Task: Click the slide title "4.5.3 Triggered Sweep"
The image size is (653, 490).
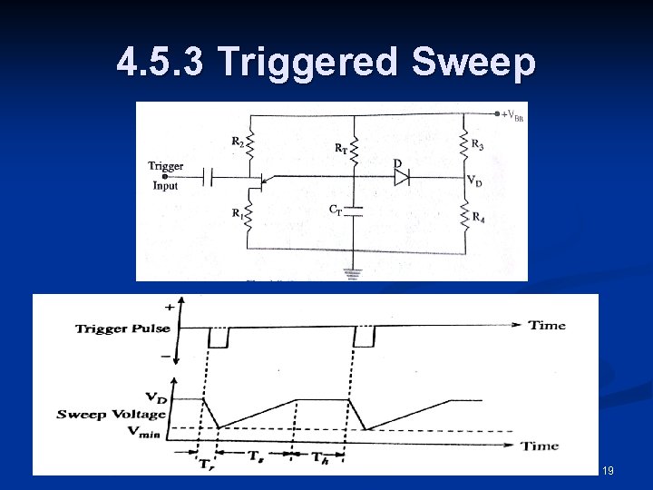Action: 326,63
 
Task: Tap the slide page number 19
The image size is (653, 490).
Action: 608,470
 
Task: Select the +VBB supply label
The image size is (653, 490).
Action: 512,115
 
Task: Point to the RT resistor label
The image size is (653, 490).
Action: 341,147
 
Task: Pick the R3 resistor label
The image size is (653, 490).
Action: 477,143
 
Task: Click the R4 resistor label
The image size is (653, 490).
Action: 477,217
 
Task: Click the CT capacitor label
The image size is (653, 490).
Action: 336,210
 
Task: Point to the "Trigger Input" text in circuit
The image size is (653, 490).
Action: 166,176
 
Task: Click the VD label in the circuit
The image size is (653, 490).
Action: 474,181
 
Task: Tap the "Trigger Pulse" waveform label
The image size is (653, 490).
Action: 126,328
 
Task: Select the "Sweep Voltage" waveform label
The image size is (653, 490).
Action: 111,414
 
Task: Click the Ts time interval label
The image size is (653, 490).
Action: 257,458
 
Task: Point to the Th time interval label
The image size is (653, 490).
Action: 322,458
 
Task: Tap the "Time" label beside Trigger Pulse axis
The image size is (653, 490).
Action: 547,325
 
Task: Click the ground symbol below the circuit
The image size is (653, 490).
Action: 353,272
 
